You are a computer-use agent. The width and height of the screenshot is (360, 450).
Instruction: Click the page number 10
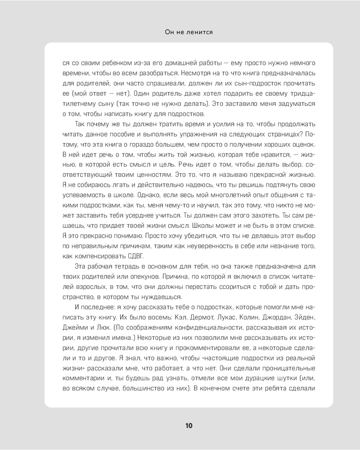(x=189, y=426)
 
